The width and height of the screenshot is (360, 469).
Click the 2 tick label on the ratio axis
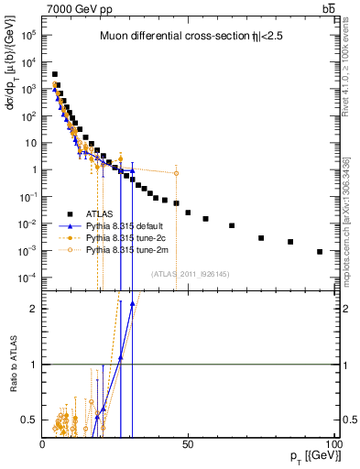(x=31, y=309)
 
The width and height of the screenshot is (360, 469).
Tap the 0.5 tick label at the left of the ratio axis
(x=27, y=420)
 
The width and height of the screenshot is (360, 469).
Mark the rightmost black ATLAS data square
(x=320, y=252)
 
